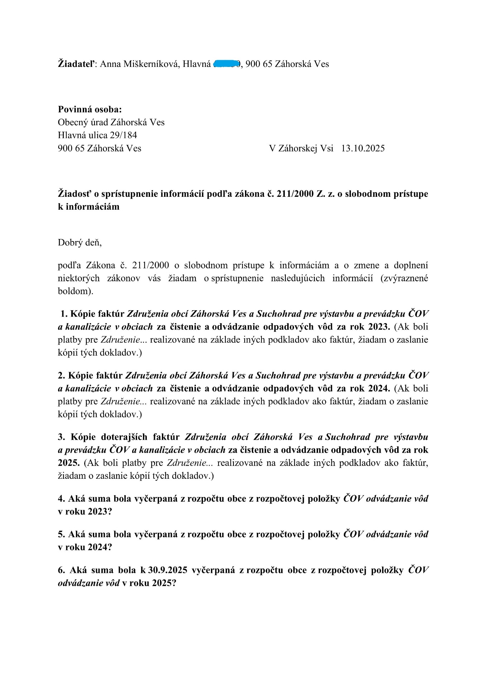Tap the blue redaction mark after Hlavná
pos(226,64)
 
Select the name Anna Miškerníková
pos(139,64)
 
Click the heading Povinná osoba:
pos(90,109)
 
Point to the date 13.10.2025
pos(363,148)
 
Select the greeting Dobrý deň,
pos(80,243)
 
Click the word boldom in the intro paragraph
pos(74,291)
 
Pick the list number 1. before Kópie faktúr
pos(64,314)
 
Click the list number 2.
pos(62,375)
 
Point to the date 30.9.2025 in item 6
pos(168,570)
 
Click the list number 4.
pos(62,498)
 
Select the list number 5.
pos(62,534)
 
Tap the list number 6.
pos(62,570)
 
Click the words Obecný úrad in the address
pos(83,122)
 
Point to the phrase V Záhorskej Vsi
pos(301,148)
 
